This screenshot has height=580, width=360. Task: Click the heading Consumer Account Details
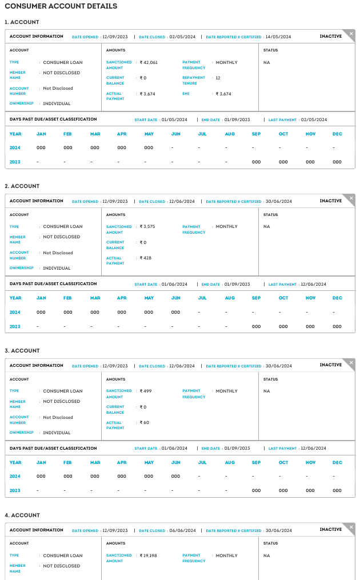pos(61,6)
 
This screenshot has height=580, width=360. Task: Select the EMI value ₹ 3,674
pos(223,94)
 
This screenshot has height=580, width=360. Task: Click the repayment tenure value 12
pos(218,78)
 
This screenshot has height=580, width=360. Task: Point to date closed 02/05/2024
pos(182,37)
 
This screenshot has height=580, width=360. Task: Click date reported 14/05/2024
pos(278,37)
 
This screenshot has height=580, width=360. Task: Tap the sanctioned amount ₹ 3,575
pos(147,226)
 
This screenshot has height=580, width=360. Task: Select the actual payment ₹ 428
pos(146,258)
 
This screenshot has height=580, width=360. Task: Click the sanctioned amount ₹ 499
pos(146,391)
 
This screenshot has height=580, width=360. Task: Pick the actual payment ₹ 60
pos(145,422)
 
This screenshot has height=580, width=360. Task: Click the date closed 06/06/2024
pos(182,530)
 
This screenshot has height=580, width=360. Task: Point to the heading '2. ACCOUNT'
pos(22,186)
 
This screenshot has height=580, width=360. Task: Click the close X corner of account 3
pos(351,362)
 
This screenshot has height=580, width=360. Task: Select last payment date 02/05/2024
pos(314,120)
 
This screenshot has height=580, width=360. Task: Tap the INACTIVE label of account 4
pos(331,530)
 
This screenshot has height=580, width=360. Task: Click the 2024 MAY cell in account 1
pos(149,147)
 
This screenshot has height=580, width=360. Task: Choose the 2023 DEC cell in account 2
pos(337,326)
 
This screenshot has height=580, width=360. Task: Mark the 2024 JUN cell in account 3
pos(175,476)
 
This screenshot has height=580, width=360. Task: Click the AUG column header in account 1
pos(230,134)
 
